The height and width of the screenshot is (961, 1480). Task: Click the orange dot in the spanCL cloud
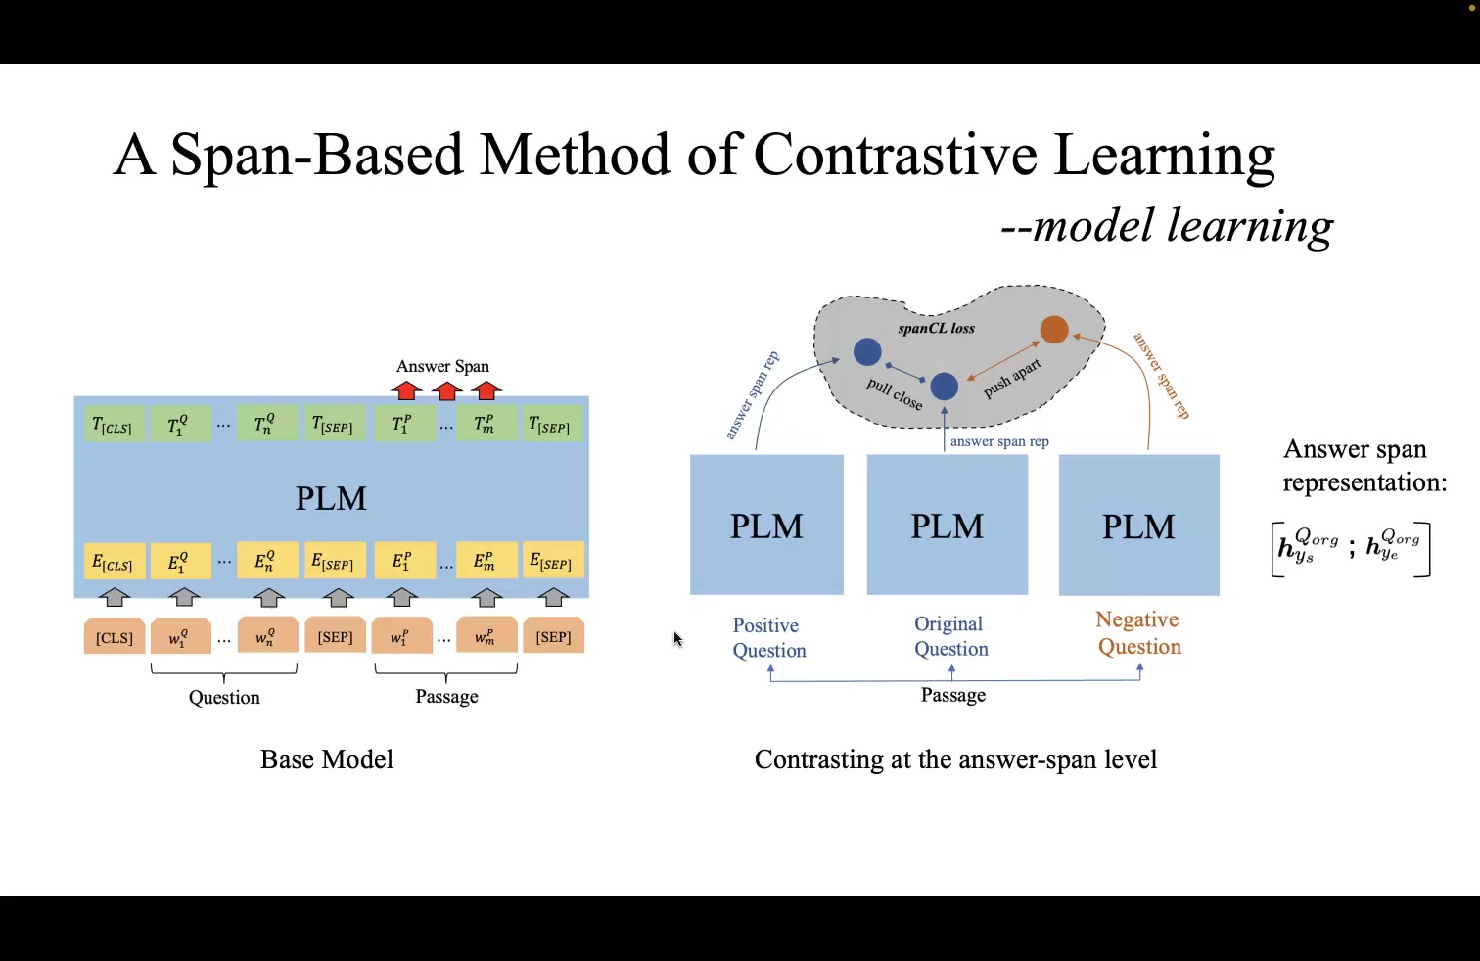1054,330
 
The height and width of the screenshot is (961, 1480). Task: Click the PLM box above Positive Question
766,525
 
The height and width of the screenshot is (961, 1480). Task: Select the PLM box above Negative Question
1138,526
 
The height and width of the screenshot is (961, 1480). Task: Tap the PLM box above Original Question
947,525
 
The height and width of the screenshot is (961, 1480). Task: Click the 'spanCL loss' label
936,329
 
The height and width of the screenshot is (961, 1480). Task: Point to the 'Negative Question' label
1138,633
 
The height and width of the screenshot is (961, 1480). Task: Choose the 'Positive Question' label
768,638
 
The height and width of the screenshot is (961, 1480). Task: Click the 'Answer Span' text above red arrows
442,366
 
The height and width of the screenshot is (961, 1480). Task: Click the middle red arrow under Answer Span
446,391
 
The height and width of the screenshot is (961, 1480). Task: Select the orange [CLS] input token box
115,637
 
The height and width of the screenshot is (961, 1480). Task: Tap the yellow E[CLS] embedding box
114,562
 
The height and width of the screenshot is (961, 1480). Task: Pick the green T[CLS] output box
113,426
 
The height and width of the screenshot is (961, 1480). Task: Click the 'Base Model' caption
327,759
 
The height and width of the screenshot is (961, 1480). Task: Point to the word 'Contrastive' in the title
895,155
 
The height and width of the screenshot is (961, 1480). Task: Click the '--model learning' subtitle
1166,226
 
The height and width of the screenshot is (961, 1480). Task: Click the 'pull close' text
895,393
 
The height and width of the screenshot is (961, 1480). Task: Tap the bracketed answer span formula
1350,549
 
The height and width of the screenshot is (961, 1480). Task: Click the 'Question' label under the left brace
224,697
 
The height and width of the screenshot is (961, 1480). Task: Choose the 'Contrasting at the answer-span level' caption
955,759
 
